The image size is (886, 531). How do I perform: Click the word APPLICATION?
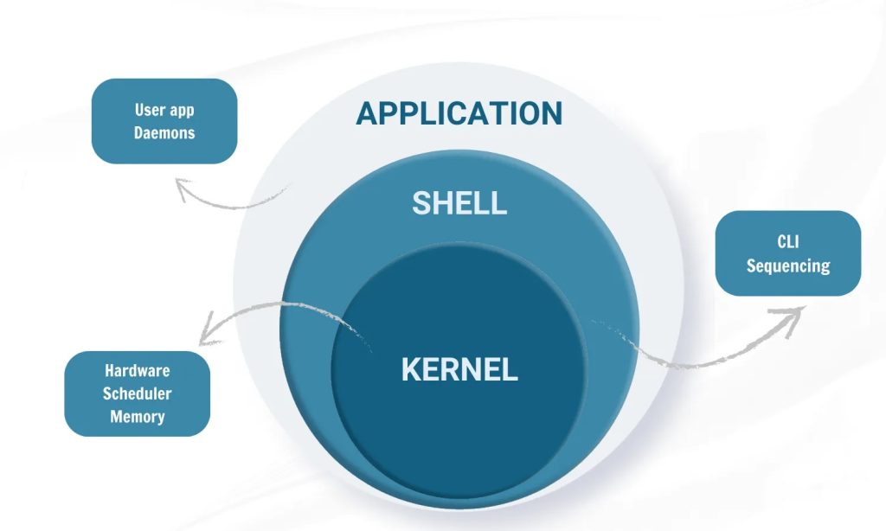click(459, 113)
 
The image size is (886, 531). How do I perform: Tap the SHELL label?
click(459, 203)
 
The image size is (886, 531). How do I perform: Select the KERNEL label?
click(459, 369)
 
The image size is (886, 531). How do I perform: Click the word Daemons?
click(164, 133)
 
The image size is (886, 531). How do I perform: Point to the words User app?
click(164, 110)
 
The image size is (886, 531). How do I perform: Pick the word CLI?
click(788, 241)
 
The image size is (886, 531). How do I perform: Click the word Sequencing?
click(788, 265)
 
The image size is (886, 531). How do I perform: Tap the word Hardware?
click(138, 370)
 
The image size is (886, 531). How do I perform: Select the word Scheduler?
click(138, 393)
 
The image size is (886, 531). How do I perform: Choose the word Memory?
click(138, 417)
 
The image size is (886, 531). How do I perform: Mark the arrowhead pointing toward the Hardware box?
click(204, 333)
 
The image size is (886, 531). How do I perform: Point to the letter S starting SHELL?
click(421, 203)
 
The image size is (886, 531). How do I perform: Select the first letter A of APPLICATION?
click(368, 113)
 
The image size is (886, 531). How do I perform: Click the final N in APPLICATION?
click(551, 113)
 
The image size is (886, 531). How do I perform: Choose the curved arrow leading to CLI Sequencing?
click(692, 355)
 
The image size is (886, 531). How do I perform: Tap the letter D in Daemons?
click(138, 133)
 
